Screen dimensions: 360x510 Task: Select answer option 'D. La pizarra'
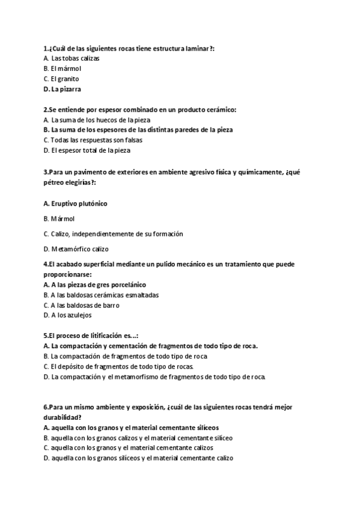(63, 89)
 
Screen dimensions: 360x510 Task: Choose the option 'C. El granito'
(61, 79)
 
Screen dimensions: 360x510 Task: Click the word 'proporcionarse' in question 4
(66, 274)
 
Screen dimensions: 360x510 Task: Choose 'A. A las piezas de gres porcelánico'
(95, 284)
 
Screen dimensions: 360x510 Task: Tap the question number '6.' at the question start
(46, 407)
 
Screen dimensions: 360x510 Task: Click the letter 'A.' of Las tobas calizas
(46, 58)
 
